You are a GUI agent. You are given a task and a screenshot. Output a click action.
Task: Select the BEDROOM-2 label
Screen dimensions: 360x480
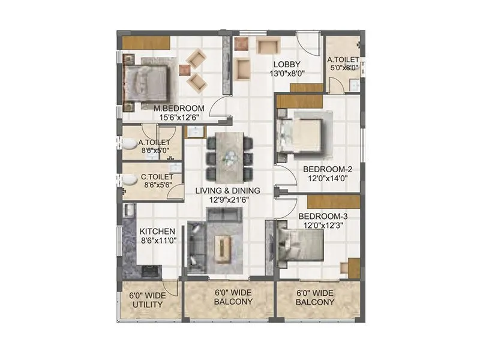[x=327, y=169]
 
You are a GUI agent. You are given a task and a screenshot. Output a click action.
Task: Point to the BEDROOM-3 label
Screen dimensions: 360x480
[x=322, y=216]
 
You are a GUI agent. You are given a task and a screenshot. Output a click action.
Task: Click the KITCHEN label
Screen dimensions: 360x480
[x=157, y=231]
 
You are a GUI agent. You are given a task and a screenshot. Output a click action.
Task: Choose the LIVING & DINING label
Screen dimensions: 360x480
[x=227, y=191]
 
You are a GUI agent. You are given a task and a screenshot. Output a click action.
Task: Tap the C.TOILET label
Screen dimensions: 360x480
[x=157, y=177]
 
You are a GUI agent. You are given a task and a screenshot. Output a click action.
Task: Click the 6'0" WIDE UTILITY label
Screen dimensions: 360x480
[x=147, y=299]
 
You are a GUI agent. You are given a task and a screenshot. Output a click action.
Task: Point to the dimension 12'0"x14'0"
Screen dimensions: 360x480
[x=327, y=178]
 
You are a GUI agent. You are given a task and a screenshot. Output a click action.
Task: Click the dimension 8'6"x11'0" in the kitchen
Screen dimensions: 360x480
[x=157, y=240]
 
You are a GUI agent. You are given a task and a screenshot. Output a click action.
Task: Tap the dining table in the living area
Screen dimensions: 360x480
[x=230, y=157]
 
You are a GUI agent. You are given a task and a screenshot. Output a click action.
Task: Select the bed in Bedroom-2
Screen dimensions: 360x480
[x=303, y=135]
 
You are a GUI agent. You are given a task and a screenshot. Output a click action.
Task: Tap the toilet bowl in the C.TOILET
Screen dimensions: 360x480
[x=128, y=179]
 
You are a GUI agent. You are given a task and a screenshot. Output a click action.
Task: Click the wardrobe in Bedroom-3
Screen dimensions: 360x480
[x=354, y=268]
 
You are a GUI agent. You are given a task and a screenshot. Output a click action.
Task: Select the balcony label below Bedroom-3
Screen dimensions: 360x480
[x=315, y=298]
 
